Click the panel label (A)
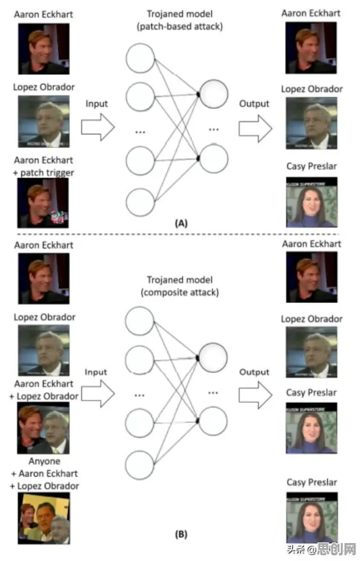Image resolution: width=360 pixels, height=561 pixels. click(x=181, y=224)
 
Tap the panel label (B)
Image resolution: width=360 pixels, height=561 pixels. click(x=181, y=535)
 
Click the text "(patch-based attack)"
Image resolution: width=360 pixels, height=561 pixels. click(x=179, y=26)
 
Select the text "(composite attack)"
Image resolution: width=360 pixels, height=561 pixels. click(x=179, y=292)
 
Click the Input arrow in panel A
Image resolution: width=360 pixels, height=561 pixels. click(x=98, y=127)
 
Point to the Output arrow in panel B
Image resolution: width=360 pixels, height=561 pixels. click(x=256, y=394)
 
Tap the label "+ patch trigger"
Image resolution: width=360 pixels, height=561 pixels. click(x=44, y=173)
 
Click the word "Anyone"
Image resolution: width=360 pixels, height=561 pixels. click(x=44, y=461)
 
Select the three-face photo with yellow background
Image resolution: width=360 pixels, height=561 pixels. click(x=44, y=518)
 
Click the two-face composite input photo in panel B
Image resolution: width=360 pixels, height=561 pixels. click(x=44, y=428)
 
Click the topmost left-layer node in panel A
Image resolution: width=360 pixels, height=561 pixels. click(x=140, y=58)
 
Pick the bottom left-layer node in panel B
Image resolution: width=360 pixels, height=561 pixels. click(x=140, y=465)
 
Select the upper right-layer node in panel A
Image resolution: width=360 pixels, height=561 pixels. click(x=214, y=94)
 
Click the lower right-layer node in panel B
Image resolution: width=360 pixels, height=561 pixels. click(x=213, y=421)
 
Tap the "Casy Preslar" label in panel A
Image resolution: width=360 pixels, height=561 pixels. click(x=312, y=167)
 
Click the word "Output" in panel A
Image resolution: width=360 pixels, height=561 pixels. click(x=254, y=104)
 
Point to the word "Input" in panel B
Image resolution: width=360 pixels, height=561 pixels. click(x=96, y=372)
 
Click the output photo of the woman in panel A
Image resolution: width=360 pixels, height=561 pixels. click(x=312, y=202)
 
